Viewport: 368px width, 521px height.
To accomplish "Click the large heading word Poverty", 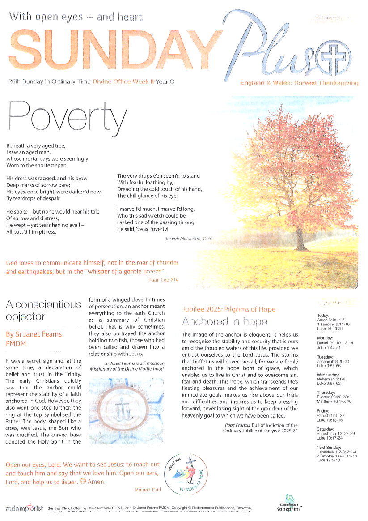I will click(68, 114).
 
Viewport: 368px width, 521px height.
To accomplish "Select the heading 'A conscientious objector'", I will click(43, 311).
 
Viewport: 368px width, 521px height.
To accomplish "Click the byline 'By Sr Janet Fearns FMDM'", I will click(34, 339).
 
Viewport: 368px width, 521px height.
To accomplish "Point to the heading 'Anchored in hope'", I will click(224, 321).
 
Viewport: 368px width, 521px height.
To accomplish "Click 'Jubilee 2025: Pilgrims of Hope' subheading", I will click(228, 309).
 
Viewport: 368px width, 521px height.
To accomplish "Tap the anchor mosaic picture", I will click(126, 411).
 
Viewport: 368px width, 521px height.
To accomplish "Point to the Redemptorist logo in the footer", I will click(25, 508).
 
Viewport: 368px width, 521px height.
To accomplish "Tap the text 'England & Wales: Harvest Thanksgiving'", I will click(299, 83).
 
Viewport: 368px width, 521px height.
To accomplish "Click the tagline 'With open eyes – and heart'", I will click(76, 17).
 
